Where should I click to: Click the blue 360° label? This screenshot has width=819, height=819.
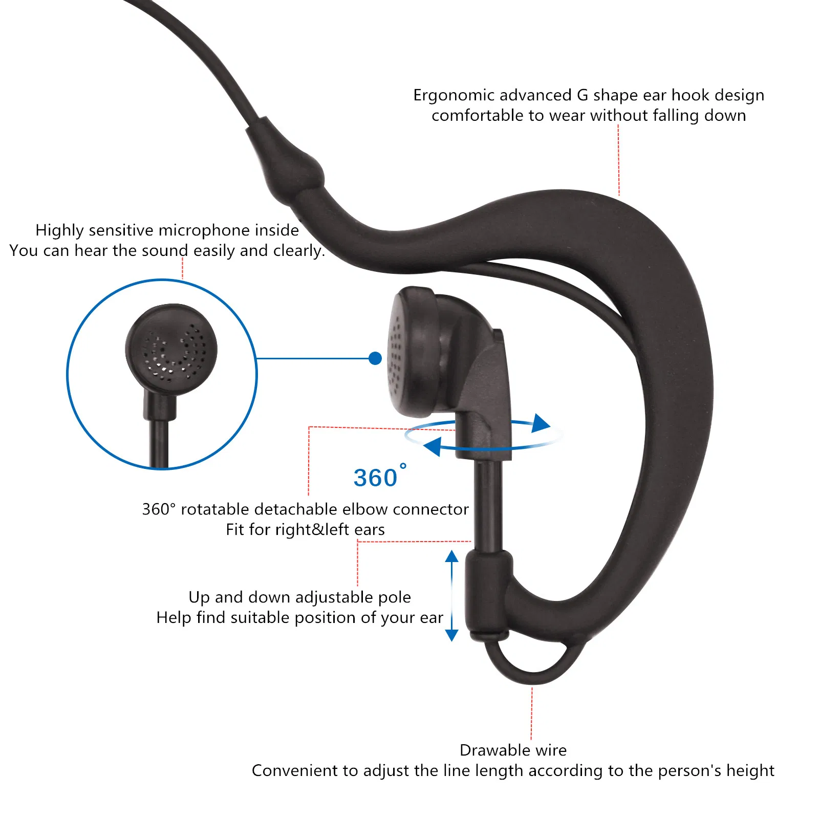coord(380,477)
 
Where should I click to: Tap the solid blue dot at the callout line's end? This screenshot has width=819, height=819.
coord(375,358)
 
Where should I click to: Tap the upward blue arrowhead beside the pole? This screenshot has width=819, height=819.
coord(451,556)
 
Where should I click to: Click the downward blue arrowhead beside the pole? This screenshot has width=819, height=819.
coord(451,635)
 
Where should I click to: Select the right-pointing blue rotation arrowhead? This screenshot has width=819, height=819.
coord(541,423)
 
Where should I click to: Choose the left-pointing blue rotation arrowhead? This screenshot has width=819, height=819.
coord(433,446)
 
